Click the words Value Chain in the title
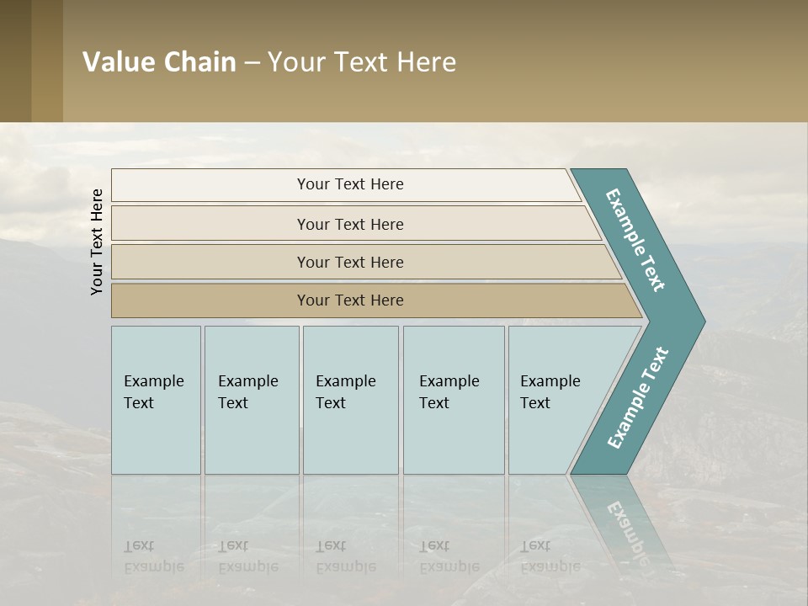(x=159, y=62)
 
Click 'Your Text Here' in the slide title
(x=362, y=62)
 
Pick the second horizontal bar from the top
(x=350, y=224)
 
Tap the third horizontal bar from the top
(x=350, y=262)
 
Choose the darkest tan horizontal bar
(x=350, y=300)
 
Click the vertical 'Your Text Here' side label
(x=97, y=242)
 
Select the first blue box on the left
(x=156, y=400)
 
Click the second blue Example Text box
(x=251, y=400)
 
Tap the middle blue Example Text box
(x=350, y=400)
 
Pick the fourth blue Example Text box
(x=453, y=400)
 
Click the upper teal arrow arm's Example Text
(x=635, y=239)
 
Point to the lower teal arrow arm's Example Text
(x=637, y=398)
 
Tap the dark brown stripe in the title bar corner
(x=15, y=61)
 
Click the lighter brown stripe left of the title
(x=47, y=61)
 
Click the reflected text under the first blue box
(x=153, y=556)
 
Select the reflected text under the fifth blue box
(x=550, y=556)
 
